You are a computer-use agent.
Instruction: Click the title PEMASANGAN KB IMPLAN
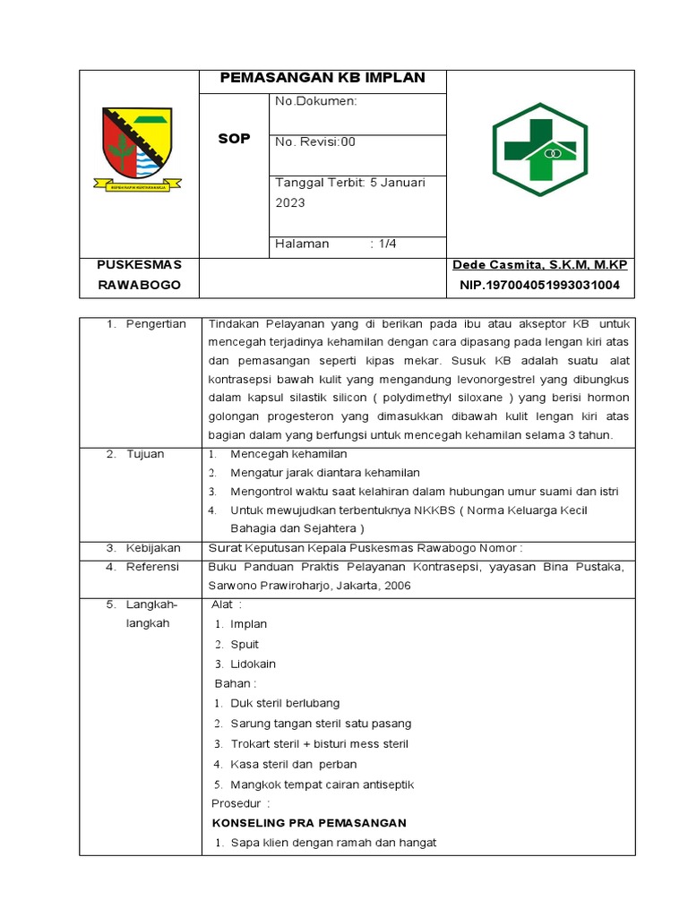coord(322,78)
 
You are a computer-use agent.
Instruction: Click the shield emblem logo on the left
coord(138,145)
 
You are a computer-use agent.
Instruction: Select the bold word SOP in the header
coord(235,139)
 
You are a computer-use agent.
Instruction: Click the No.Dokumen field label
coord(315,101)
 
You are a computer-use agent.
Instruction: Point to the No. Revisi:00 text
coord(315,141)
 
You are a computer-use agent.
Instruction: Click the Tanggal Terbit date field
coord(349,192)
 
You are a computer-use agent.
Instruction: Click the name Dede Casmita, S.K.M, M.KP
coord(539,264)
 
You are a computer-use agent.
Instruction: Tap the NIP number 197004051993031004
coord(539,285)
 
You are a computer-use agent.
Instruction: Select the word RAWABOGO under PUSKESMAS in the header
coord(139,285)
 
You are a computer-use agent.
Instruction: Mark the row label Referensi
coord(152,567)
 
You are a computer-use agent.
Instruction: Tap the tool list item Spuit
coord(244,644)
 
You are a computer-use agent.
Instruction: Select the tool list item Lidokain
coord(253,664)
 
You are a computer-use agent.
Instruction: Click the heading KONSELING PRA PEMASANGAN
coord(309,822)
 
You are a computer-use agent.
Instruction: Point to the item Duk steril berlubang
coord(285,703)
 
